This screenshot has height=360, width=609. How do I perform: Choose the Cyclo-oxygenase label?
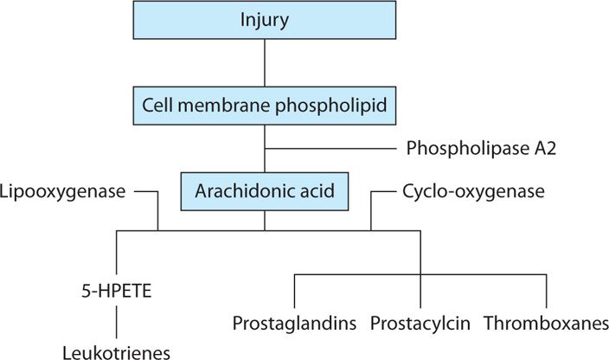tap(473, 190)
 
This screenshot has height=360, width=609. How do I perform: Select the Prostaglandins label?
tap(295, 324)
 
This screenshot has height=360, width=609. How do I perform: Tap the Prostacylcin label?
tap(420, 324)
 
